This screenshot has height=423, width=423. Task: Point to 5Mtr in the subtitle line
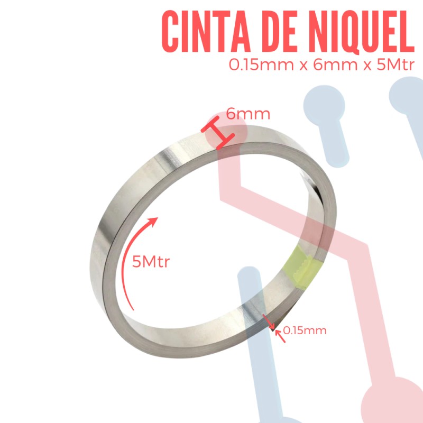pyautogui.click(x=396, y=65)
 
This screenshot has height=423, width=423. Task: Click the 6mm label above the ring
pyautogui.click(x=248, y=114)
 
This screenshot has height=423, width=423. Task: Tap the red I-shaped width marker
pyautogui.click(x=217, y=133)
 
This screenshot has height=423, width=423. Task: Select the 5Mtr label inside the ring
pyautogui.click(x=151, y=262)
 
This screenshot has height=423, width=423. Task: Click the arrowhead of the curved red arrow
pyautogui.click(x=153, y=221)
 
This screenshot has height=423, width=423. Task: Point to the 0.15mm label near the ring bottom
pyautogui.click(x=305, y=330)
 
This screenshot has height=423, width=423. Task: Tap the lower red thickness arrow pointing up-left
pyautogui.click(x=280, y=336)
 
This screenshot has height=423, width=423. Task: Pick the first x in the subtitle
pyautogui.click(x=304, y=66)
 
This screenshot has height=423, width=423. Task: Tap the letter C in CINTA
pyautogui.click(x=170, y=32)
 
